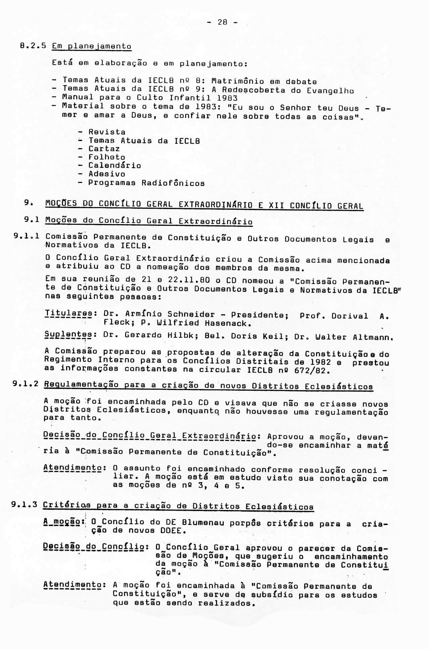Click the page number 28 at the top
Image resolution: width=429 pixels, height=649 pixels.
222,22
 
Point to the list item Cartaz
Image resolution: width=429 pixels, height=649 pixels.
104,148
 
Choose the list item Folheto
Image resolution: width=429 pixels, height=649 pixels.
107,157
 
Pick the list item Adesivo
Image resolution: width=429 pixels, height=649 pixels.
107,174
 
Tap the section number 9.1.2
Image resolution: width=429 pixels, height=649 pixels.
26,384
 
